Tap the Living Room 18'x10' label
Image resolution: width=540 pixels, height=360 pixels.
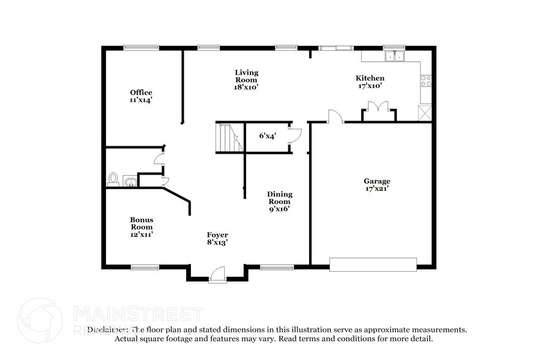[246, 80]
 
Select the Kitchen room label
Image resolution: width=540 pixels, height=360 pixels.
[370, 82]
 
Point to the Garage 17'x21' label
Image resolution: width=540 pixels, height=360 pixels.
[377, 185]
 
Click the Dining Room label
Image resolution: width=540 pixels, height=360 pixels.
[279, 201]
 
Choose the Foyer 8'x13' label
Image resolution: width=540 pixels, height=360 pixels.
[217, 239]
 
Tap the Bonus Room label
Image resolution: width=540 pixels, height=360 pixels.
[141, 227]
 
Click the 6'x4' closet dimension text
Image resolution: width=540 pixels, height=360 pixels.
[267, 136]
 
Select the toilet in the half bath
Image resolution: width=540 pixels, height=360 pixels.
[113, 179]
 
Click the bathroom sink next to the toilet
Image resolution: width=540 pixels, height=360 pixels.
[130, 181]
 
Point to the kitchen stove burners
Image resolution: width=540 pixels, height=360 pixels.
[426, 80]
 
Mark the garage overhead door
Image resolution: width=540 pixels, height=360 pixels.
[373, 264]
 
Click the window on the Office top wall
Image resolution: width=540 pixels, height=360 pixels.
[141, 47]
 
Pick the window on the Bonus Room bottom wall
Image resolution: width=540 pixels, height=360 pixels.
[145, 267]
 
